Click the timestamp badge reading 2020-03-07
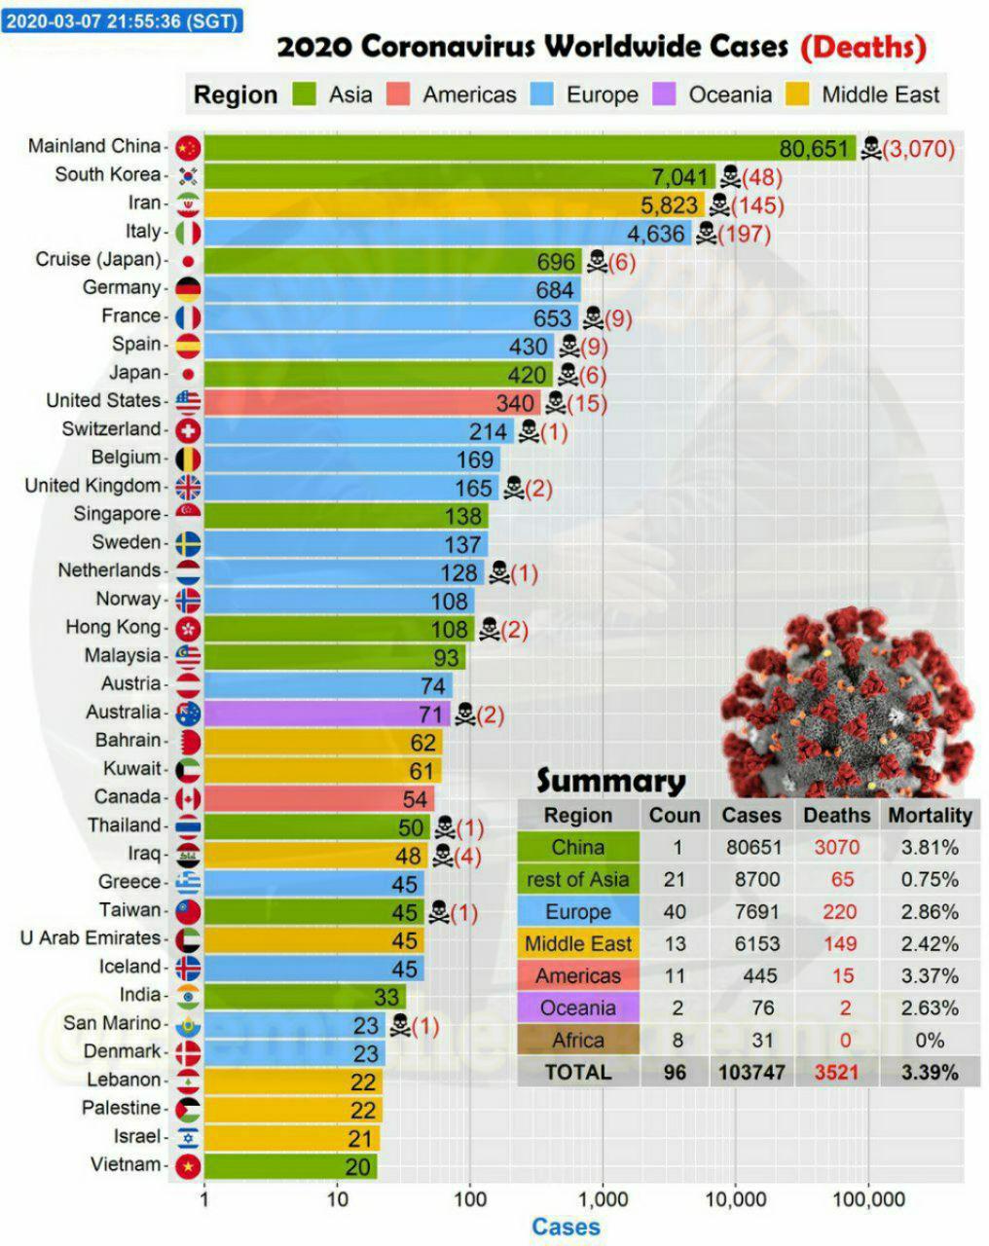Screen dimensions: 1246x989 (x=122, y=20)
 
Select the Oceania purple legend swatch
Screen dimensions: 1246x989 (x=665, y=94)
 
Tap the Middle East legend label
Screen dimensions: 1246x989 (x=880, y=94)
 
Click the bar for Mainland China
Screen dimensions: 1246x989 (x=487, y=148)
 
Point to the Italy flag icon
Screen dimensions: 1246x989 (x=188, y=233)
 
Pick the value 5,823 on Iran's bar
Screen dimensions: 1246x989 (x=670, y=205)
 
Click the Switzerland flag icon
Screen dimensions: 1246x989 (x=188, y=430)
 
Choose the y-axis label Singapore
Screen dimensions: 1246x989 (x=116, y=514)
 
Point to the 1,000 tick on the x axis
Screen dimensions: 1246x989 (x=603, y=1198)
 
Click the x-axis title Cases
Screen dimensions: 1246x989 (x=566, y=1228)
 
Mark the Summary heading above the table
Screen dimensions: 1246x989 (x=610, y=781)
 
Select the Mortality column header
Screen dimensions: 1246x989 (x=930, y=816)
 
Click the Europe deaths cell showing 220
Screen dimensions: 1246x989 (x=838, y=912)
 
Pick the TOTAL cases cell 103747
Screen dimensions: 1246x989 (x=751, y=1072)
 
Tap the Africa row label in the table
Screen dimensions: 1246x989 (x=578, y=1040)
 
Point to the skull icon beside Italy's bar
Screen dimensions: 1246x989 (x=706, y=233)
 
